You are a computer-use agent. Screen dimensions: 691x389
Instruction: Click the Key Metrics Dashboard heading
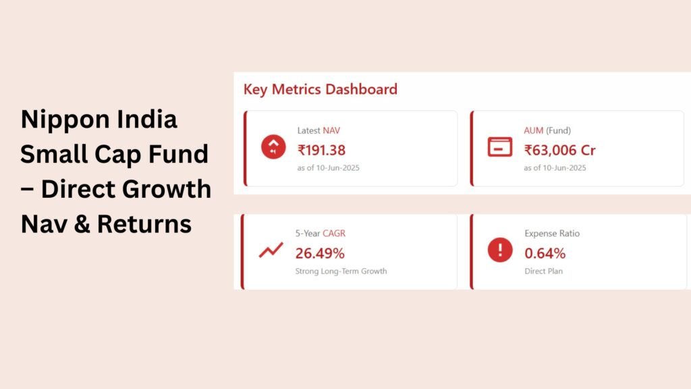pos(321,90)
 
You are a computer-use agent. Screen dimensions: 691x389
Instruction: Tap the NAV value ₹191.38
pos(322,151)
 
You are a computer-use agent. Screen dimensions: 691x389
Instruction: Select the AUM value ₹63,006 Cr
pos(559,151)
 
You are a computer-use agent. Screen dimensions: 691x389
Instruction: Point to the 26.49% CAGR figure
pos(320,253)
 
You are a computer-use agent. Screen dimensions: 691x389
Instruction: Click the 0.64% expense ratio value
pos(545,253)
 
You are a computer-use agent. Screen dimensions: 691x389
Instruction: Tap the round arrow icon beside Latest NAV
pos(273,147)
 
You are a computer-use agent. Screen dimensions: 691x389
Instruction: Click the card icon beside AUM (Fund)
pos(500,147)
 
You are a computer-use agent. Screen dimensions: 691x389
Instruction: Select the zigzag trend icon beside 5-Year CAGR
pos(271,250)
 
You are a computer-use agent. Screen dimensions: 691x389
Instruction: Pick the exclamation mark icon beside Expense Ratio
pos(500,250)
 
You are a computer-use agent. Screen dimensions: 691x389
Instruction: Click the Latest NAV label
pos(319,130)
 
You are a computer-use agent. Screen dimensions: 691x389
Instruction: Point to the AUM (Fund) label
pos(547,130)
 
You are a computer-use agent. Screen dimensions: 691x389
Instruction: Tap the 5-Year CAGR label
pos(321,233)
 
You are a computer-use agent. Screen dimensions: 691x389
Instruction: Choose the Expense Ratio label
pos(552,233)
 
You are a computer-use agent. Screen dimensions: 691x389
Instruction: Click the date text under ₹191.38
pos(329,168)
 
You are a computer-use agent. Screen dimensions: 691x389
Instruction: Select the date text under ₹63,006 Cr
pos(555,168)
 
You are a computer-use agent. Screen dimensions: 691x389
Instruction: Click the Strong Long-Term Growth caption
pos(341,271)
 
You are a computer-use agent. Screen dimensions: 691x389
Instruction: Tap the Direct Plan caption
pos(543,271)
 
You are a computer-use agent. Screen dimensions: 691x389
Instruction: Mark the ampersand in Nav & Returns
pos(82,224)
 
